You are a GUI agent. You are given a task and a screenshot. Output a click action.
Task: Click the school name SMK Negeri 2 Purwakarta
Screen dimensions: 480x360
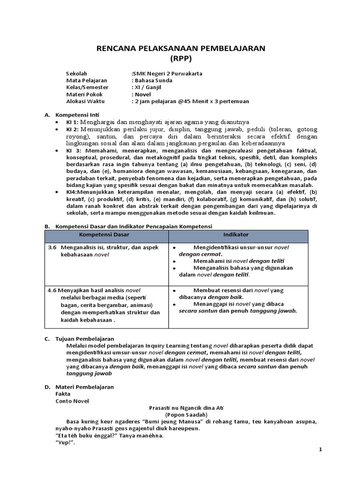coord(167,74)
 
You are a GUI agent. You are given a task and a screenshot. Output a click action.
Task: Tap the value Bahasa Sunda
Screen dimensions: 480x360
coord(153,80)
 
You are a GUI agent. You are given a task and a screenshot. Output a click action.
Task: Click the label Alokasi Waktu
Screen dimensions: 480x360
coord(86,101)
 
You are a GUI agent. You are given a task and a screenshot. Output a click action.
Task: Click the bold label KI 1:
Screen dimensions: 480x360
coord(73,122)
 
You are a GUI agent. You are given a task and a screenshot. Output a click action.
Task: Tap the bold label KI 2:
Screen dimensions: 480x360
coord(73,129)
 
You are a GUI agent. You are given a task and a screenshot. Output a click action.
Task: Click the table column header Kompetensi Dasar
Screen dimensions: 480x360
coord(104,234)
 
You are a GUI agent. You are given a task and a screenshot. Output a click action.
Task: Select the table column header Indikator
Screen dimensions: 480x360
coord(236,234)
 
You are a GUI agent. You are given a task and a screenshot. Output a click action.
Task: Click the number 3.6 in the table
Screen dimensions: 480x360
coord(52,247)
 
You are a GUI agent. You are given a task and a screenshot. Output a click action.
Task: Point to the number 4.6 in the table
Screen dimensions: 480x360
coord(52,290)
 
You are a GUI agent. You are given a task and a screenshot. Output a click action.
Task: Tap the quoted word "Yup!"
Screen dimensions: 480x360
coord(65,442)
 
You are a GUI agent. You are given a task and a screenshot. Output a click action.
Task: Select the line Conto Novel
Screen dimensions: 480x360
coord(72,401)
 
